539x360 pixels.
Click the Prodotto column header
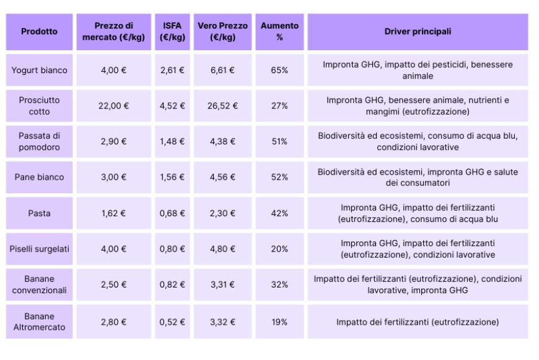pos(39,32)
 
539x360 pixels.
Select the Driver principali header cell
pos(418,32)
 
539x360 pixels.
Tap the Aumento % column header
pos(279,32)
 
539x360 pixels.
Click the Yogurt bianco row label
pos(39,70)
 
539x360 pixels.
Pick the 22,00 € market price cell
pos(113,106)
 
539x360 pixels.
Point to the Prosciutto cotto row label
pos(39,106)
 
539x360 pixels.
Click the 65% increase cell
pos(279,70)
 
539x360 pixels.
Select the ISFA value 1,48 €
pos(172,141)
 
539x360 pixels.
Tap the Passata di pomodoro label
pos(39,141)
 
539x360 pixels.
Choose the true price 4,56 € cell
pos(222,177)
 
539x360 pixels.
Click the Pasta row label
pos(39,213)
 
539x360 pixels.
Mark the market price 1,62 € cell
pos(113,213)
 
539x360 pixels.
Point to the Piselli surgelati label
pos(39,249)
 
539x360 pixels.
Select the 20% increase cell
pos(279,249)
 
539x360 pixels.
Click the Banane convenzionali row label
pos(39,284)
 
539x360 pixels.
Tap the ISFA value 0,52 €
pos(172,322)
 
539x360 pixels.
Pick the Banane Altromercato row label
pos(39,322)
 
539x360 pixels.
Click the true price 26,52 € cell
pos(222,106)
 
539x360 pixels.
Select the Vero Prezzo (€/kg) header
pos(222,32)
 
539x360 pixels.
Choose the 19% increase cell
pos(279,322)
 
